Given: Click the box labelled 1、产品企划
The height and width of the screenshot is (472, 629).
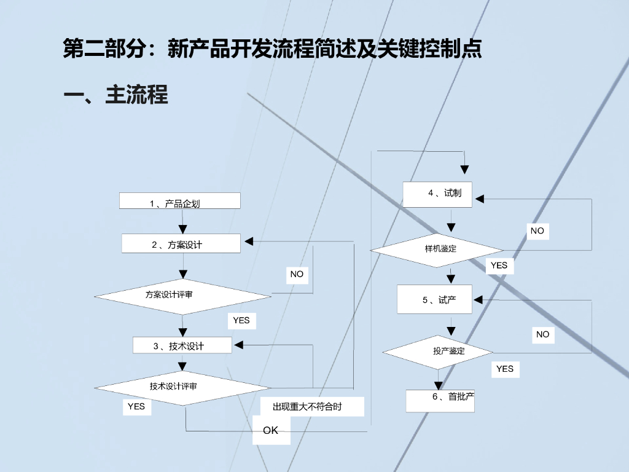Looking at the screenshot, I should (x=179, y=201).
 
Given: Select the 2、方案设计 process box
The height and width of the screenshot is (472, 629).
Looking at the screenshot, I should (x=181, y=243).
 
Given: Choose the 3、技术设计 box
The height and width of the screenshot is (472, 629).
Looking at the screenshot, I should (x=182, y=345).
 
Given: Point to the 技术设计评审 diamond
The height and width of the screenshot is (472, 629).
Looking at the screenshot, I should (x=182, y=387).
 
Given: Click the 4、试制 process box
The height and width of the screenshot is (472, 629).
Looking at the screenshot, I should (x=437, y=194).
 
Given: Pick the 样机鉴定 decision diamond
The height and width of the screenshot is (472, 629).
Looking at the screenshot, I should (x=437, y=250).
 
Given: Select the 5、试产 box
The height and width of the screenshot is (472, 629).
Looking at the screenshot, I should (x=434, y=299).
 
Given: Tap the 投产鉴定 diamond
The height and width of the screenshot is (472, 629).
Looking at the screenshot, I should (x=438, y=352).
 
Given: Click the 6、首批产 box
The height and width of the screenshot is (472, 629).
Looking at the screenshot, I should (x=440, y=400).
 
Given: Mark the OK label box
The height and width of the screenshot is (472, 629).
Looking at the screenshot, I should (x=271, y=430).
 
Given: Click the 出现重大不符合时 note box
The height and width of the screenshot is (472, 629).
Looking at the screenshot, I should (x=312, y=406).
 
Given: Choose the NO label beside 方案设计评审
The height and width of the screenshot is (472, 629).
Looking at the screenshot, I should (x=297, y=274).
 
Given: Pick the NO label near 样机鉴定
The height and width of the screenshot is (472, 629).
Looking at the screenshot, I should (x=537, y=230).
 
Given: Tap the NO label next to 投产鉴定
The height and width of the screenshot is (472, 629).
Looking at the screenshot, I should (x=542, y=334).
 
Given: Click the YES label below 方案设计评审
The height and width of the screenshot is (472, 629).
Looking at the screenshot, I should (x=241, y=320).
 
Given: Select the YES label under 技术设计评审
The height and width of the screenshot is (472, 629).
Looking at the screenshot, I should (x=136, y=406).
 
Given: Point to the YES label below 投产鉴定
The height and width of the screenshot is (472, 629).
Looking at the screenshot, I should (x=505, y=369).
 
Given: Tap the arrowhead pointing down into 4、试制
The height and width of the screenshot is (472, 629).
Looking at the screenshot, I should (x=465, y=169).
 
